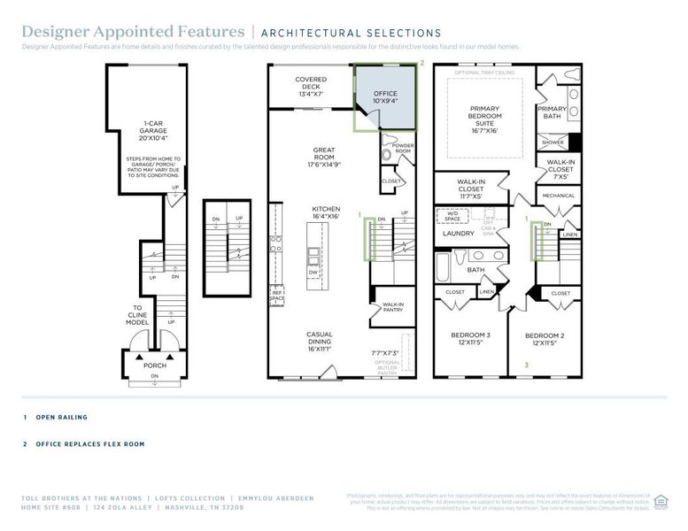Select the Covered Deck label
pyautogui.click(x=310, y=86)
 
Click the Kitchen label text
pyautogui.click(x=325, y=213)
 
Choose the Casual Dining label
pyautogui.click(x=319, y=341)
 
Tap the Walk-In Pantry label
pyautogui.click(x=393, y=307)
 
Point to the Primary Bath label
pyautogui.click(x=552, y=112)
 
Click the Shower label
pyautogui.click(x=553, y=142)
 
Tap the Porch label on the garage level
pyautogui.click(x=155, y=364)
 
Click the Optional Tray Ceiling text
pyautogui.click(x=483, y=72)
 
